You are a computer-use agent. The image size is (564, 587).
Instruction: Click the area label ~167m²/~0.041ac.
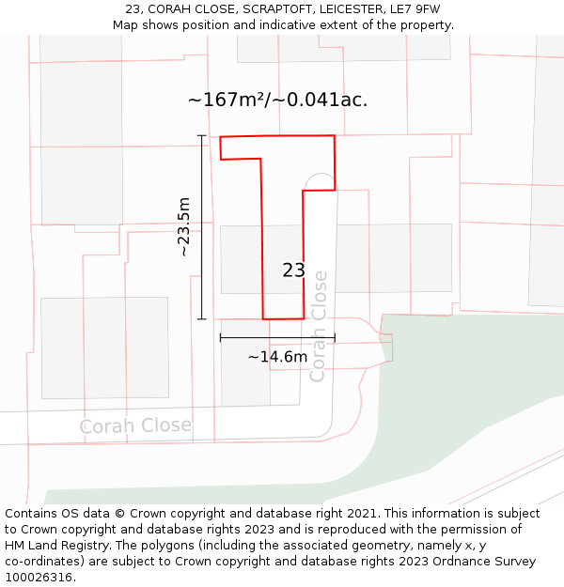(x=277, y=100)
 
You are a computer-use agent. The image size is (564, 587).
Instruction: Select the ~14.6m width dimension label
(x=277, y=357)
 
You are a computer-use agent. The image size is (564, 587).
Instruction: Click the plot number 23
(x=293, y=270)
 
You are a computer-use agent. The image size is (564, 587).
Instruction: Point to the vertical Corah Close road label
(x=318, y=326)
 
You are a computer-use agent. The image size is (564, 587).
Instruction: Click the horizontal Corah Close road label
(x=135, y=425)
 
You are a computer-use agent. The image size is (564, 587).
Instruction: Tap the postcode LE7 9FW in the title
(x=413, y=8)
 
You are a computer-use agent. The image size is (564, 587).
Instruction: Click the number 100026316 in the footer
(x=39, y=578)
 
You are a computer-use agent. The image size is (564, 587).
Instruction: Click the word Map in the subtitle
(x=126, y=24)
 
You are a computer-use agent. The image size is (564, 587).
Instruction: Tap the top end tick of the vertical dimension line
(x=201, y=136)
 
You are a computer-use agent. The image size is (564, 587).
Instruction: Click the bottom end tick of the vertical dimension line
(x=201, y=319)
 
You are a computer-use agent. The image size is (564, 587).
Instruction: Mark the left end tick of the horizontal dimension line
(x=220, y=337)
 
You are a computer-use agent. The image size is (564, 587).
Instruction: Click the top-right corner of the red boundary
(x=334, y=135)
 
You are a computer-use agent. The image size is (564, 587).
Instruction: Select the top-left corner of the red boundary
(x=220, y=137)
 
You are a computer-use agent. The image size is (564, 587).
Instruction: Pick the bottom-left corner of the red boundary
(x=263, y=319)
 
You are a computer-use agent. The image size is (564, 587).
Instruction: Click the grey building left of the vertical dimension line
(x=104, y=348)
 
